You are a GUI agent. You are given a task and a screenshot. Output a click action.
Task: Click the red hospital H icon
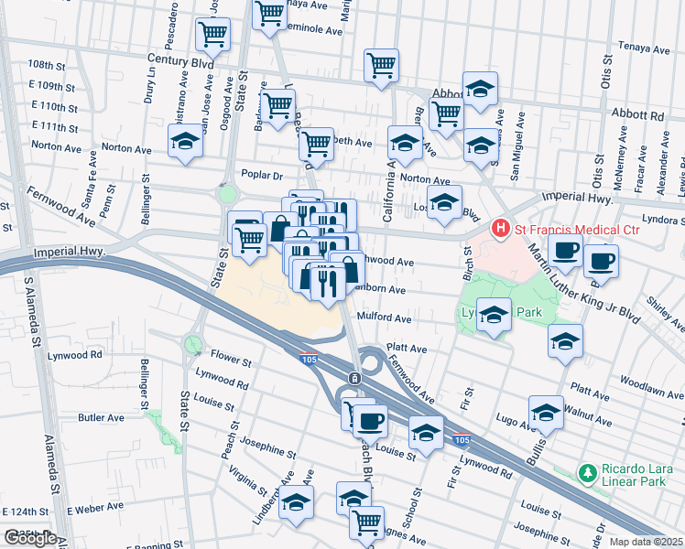point(501,227)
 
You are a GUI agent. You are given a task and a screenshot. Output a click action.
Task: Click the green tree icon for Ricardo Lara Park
point(586,472)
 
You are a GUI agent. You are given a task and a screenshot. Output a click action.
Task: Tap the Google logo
point(29,538)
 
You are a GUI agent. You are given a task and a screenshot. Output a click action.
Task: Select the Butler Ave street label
point(101,417)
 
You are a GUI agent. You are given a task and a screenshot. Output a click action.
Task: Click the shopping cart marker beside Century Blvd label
point(212,36)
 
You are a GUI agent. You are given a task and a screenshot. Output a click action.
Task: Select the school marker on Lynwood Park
point(494,316)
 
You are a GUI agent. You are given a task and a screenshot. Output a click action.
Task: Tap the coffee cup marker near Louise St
point(370,421)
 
